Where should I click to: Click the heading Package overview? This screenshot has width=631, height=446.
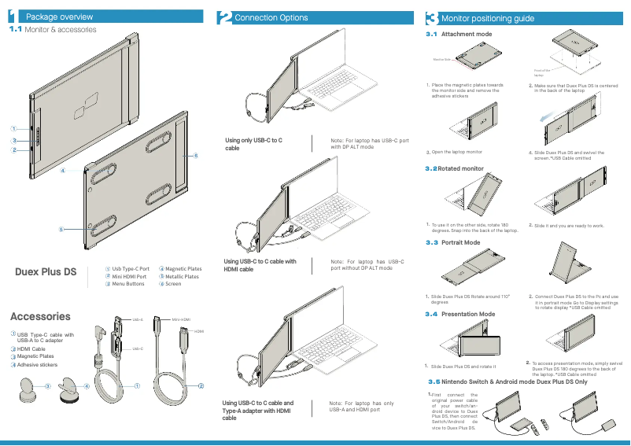pos(60,17)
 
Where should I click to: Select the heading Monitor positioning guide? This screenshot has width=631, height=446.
pos(488,18)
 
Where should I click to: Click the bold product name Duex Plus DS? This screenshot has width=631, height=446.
pos(46,272)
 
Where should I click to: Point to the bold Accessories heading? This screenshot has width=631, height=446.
pos(40,316)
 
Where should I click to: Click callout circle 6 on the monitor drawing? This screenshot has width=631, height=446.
pos(195,156)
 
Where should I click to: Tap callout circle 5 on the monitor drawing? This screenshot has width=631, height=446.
pos(60,229)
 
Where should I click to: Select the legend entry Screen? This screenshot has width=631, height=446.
pos(172,284)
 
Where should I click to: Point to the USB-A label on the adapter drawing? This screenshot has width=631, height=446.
pos(137,320)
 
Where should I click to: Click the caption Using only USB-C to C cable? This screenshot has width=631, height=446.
pos(253,143)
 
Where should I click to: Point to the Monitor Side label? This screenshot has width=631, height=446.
pos(441,59)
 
